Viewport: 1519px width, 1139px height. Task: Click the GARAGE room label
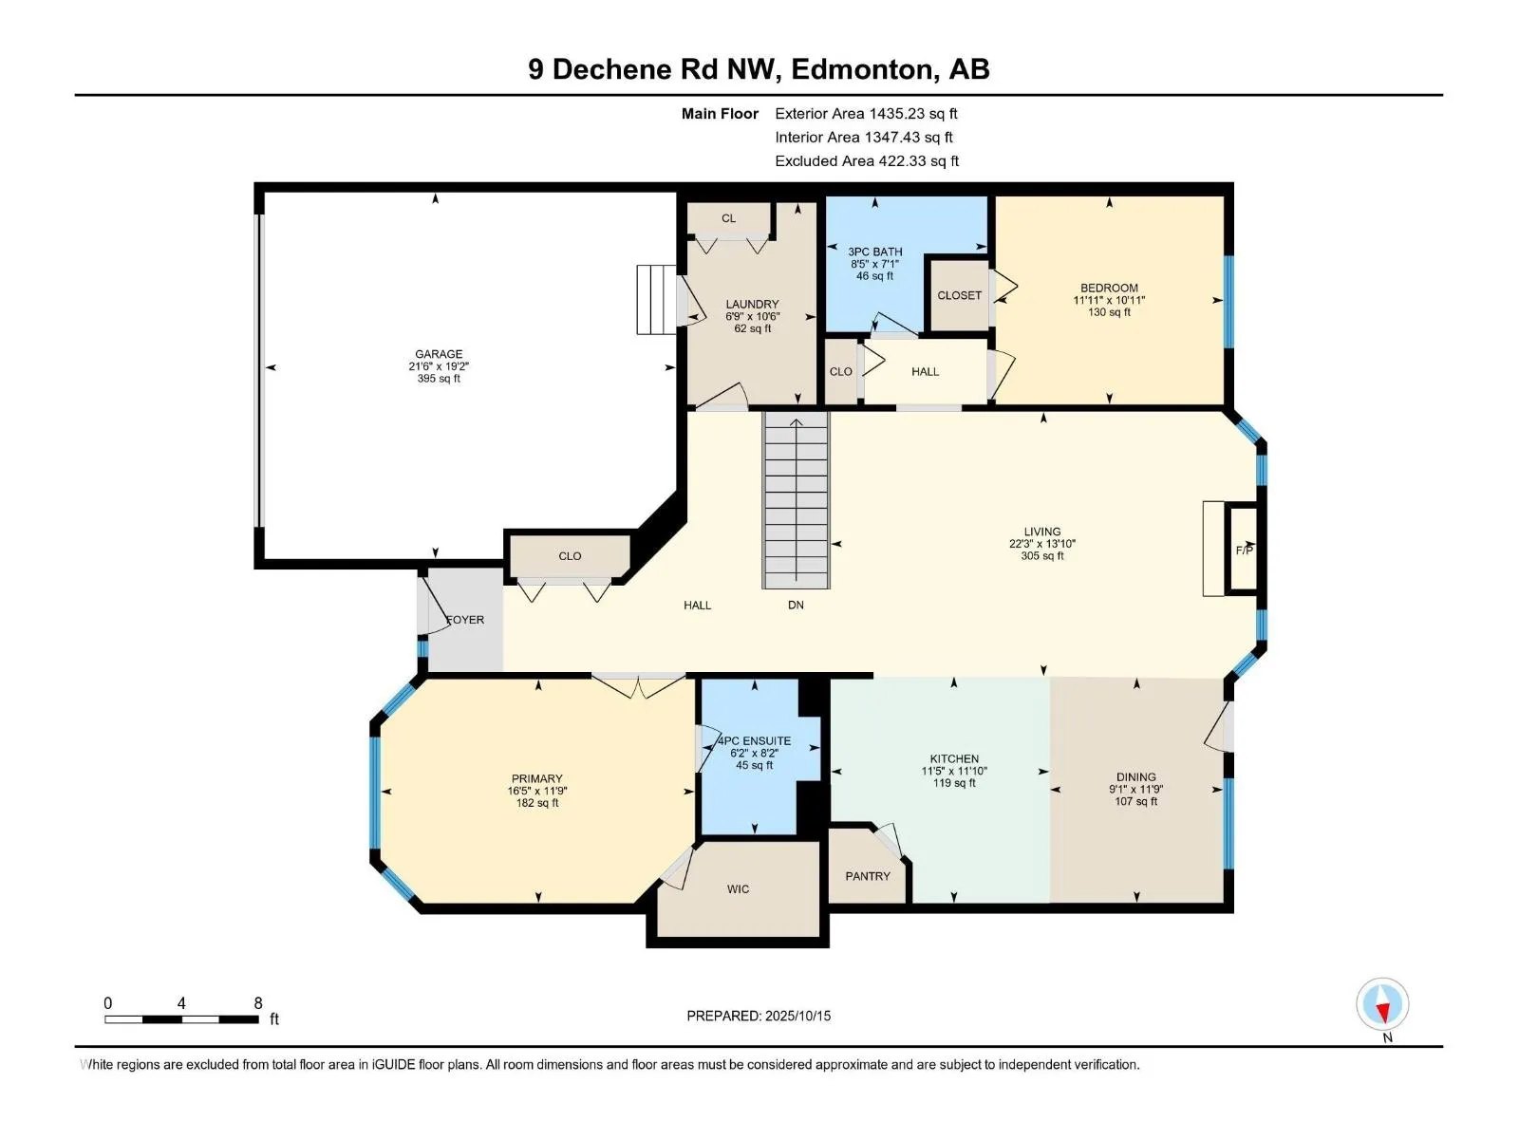pyautogui.click(x=438, y=354)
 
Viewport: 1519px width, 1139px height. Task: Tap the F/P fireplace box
pyautogui.click(x=1243, y=550)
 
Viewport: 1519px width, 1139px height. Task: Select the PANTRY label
pyautogui.click(x=867, y=876)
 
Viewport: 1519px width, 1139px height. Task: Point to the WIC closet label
pyautogui.click(x=738, y=888)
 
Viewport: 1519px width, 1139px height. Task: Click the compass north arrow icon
pyautogui.click(x=1382, y=1003)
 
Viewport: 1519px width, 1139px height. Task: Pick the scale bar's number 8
pyautogui.click(x=258, y=1002)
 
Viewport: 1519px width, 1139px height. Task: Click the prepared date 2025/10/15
pyautogui.click(x=797, y=1016)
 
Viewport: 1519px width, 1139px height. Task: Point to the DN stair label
pyautogui.click(x=796, y=606)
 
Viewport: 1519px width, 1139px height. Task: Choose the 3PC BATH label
pyautogui.click(x=874, y=252)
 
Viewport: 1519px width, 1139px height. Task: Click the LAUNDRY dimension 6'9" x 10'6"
pyautogui.click(x=752, y=317)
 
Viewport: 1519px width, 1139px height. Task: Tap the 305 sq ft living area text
pyautogui.click(x=1041, y=555)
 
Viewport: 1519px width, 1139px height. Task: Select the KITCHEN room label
pyautogui.click(x=953, y=758)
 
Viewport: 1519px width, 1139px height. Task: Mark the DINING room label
pyautogui.click(x=1135, y=776)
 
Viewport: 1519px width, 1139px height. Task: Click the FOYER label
pyautogui.click(x=465, y=620)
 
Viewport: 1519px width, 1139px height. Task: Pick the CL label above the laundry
pyautogui.click(x=728, y=218)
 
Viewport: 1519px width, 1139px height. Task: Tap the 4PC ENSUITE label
pyautogui.click(x=754, y=740)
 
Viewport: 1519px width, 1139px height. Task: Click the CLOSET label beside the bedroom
pyautogui.click(x=959, y=295)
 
